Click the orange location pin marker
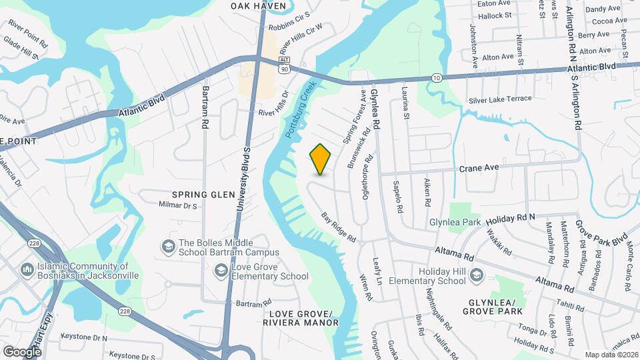click(x=321, y=159)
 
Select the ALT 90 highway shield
click(x=285, y=65)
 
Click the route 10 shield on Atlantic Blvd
click(x=437, y=78)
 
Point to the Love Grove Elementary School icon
click(x=221, y=270)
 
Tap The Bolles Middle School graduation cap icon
click(x=167, y=247)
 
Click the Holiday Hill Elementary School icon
click(x=476, y=275)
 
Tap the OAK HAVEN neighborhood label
click(x=258, y=6)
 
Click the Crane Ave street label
click(x=479, y=169)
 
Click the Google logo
click(x=22, y=351)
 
